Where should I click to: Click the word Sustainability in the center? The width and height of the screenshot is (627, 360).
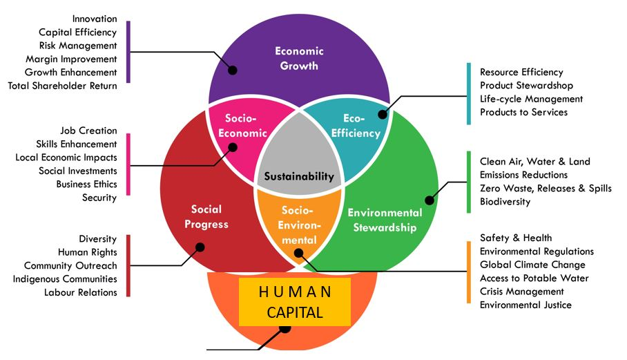click(298, 176)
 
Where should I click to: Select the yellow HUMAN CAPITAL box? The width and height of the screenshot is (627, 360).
click(295, 301)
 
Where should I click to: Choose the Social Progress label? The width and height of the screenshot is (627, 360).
click(206, 217)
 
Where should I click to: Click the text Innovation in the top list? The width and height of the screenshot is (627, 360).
click(94, 19)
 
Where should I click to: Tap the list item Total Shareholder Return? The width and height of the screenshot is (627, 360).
click(63, 86)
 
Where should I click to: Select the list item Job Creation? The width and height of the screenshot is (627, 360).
click(88, 131)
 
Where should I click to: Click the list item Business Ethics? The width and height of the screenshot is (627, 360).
click(86, 184)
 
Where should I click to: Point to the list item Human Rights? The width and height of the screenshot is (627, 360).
click(87, 252)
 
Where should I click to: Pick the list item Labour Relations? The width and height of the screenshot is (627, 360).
click(80, 292)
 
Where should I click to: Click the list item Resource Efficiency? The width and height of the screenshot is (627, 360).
click(521, 72)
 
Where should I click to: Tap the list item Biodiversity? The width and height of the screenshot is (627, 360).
click(505, 202)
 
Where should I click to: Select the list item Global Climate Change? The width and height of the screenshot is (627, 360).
click(532, 265)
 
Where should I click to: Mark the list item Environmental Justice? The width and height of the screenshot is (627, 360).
click(525, 305)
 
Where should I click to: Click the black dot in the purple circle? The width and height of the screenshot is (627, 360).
click(233, 70)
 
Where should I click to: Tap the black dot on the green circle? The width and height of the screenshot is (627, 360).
click(429, 200)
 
